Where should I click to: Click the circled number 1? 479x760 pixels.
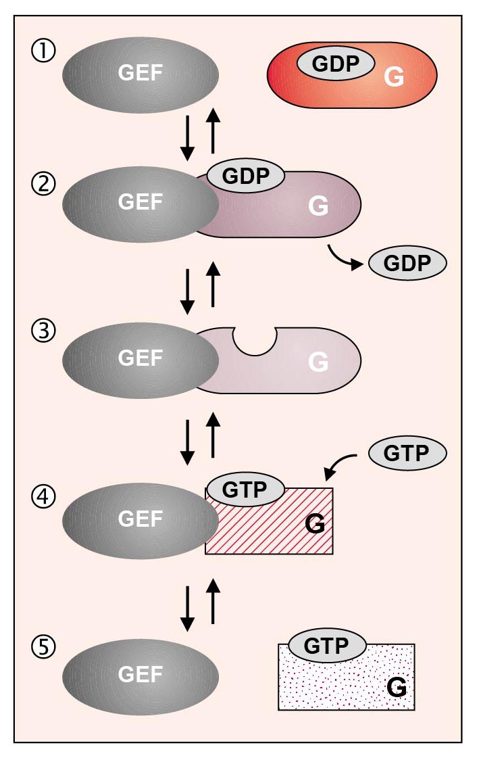(x=44, y=51)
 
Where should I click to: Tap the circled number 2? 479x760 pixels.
(x=44, y=184)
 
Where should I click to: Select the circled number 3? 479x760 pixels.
(x=44, y=331)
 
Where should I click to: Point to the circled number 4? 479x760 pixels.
(x=44, y=497)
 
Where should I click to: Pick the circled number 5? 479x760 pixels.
(x=44, y=647)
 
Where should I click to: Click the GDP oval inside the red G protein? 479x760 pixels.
(x=336, y=64)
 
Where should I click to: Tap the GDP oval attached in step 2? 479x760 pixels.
(x=245, y=175)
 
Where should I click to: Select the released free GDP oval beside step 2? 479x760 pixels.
(x=407, y=263)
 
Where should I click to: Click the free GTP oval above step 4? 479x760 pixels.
(x=407, y=454)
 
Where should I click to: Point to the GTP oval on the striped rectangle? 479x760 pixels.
(x=245, y=489)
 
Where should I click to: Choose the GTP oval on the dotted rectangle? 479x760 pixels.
(x=326, y=645)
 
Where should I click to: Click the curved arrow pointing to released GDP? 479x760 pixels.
(x=345, y=257)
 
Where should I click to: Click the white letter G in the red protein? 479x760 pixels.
(x=394, y=76)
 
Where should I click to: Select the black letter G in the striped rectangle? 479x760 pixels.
(x=315, y=524)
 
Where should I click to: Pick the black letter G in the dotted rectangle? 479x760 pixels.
(x=397, y=687)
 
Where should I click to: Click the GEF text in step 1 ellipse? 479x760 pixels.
(x=141, y=73)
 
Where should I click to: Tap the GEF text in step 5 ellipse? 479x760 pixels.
(x=141, y=675)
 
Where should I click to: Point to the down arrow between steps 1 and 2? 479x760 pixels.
(x=187, y=138)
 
